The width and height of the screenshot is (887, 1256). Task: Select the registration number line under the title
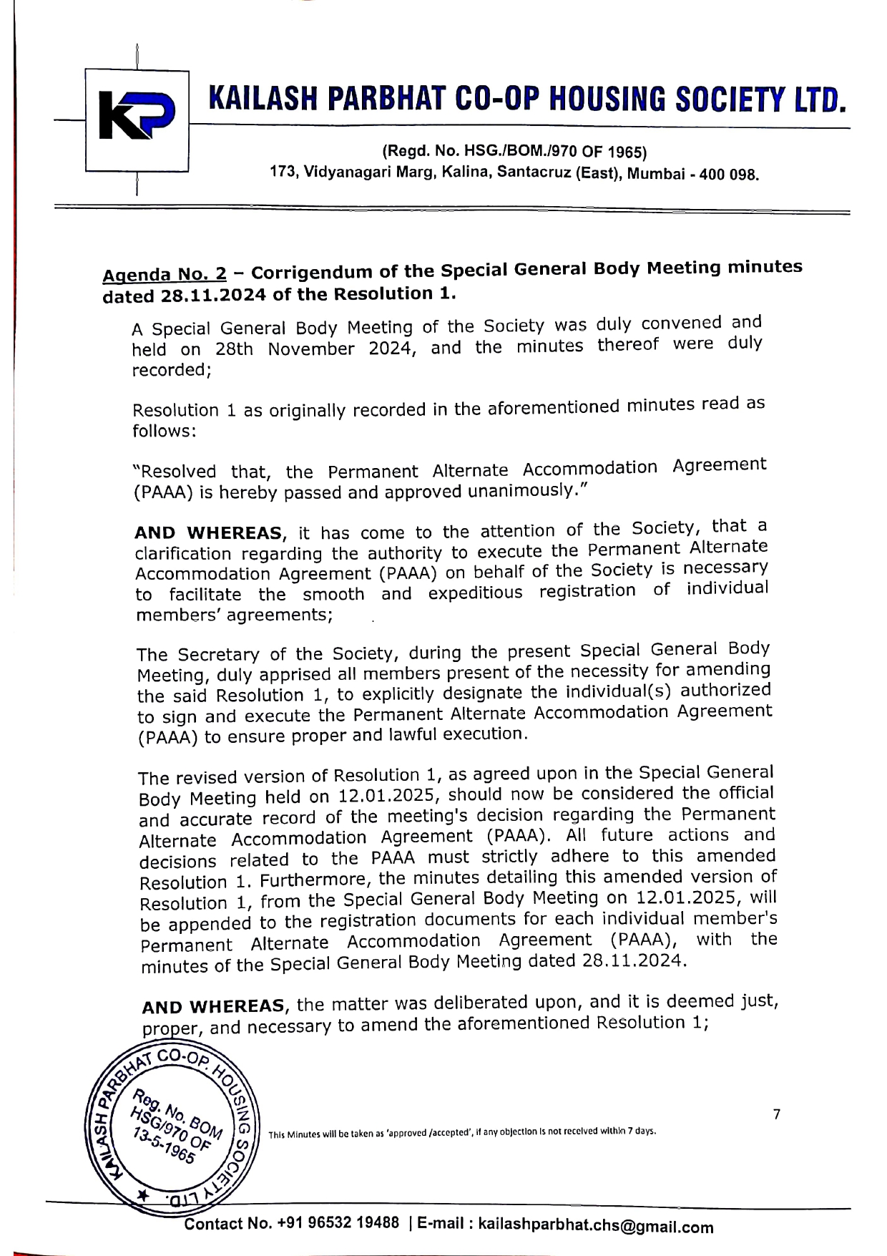click(x=514, y=152)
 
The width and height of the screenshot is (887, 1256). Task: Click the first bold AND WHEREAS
click(x=208, y=533)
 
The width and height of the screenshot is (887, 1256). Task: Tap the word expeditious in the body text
click(x=475, y=593)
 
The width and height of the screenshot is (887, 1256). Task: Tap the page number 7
click(x=777, y=1114)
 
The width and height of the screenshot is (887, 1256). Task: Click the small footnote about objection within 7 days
click(x=462, y=1133)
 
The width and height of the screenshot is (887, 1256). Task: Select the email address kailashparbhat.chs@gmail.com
click(x=595, y=1225)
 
